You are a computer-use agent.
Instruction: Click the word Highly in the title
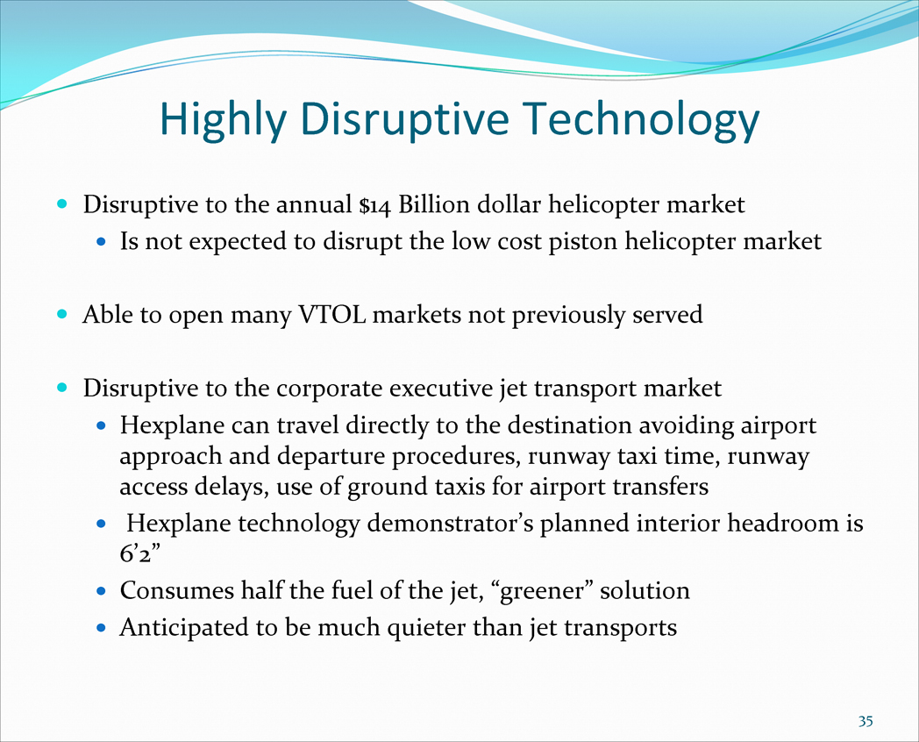pos(223,120)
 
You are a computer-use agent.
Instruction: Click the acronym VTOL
pos(332,315)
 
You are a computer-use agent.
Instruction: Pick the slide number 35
pos(866,721)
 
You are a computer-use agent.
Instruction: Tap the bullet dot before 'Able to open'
pos(61,315)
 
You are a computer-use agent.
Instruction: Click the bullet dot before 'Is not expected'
pos(102,241)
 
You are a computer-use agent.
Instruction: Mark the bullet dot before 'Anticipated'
pos(102,628)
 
